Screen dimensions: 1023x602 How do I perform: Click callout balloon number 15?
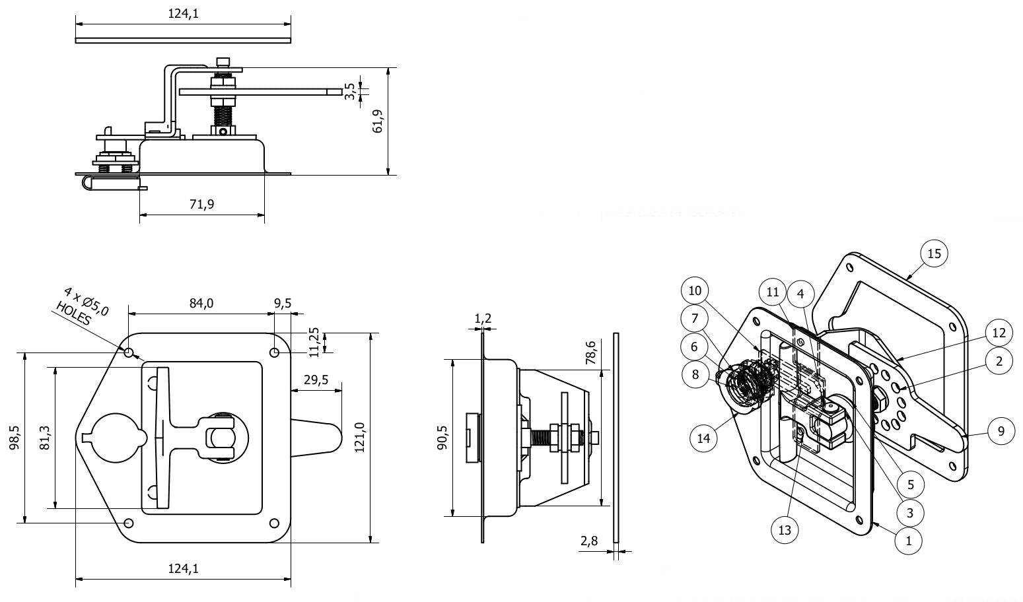click(x=934, y=253)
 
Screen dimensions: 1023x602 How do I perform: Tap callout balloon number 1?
click(x=908, y=541)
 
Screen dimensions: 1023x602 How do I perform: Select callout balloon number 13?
click(x=785, y=530)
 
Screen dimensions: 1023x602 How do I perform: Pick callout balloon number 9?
click(x=1001, y=431)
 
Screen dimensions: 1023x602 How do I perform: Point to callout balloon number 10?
click(x=695, y=290)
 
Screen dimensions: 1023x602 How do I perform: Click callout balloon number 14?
click(x=704, y=438)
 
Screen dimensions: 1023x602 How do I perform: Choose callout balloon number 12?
click(x=999, y=333)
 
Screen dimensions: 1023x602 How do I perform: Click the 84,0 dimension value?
click(x=201, y=303)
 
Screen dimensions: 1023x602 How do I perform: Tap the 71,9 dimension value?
click(x=202, y=204)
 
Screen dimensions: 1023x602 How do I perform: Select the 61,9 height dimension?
click(x=378, y=121)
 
